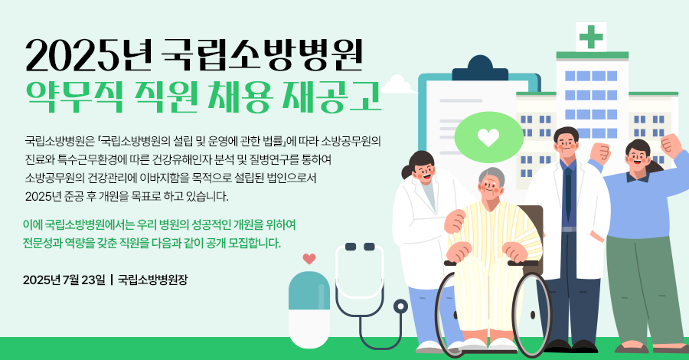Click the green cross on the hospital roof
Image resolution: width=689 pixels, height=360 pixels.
(591, 37)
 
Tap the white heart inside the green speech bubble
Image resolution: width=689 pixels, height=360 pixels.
(488, 137)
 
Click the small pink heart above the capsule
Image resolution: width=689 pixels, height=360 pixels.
(309, 258)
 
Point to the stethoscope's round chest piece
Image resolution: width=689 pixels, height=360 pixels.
(400, 306)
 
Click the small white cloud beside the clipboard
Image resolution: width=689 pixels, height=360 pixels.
(399, 85)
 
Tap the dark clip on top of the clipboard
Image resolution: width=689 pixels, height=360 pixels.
(481, 69)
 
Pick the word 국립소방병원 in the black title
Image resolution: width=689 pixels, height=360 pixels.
(262, 55)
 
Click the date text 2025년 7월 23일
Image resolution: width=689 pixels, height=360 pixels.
(64, 280)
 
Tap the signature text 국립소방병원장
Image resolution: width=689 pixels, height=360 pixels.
(153, 280)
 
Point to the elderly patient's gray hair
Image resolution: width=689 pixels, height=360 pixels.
(491, 176)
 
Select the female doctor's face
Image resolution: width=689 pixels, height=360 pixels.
(423, 172)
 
